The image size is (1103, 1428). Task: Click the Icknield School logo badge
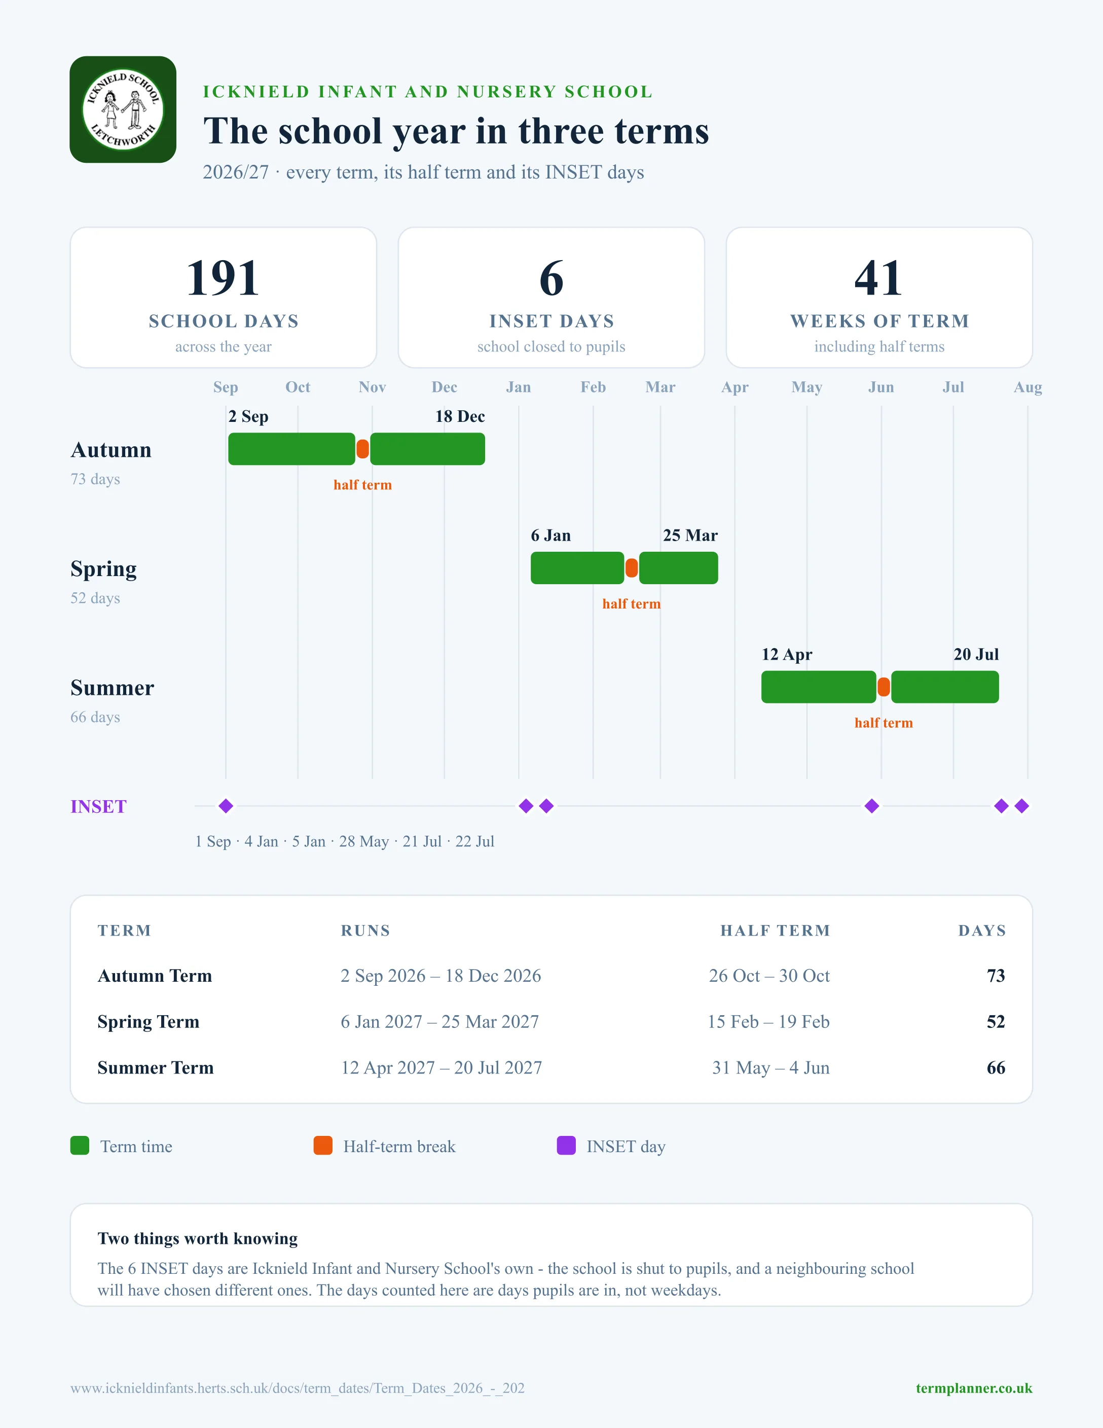[x=123, y=109]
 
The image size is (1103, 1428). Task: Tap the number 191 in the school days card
[x=223, y=278]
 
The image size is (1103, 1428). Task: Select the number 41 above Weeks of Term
[x=879, y=278]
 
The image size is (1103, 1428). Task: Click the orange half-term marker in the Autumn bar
[x=362, y=449]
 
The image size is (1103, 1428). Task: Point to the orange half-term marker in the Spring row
[x=631, y=568]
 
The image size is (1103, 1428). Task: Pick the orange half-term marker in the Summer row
[x=884, y=687]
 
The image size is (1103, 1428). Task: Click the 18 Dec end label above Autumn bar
[x=460, y=416]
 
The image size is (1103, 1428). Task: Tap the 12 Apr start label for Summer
[x=787, y=655]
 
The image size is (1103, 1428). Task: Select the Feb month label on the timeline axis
[x=594, y=387]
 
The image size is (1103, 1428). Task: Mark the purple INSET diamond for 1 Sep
[x=226, y=806]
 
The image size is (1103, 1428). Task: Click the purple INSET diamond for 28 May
[x=872, y=806]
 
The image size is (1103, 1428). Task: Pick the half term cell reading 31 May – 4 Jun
[x=771, y=1068]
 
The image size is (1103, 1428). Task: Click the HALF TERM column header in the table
[x=775, y=931]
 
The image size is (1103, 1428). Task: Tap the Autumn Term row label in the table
[x=155, y=976]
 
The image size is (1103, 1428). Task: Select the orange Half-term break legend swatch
[x=323, y=1146]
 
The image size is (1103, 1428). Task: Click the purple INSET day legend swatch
[x=566, y=1146]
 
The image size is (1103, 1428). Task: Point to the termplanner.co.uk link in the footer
[x=974, y=1388]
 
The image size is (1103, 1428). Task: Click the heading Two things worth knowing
[x=197, y=1239]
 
